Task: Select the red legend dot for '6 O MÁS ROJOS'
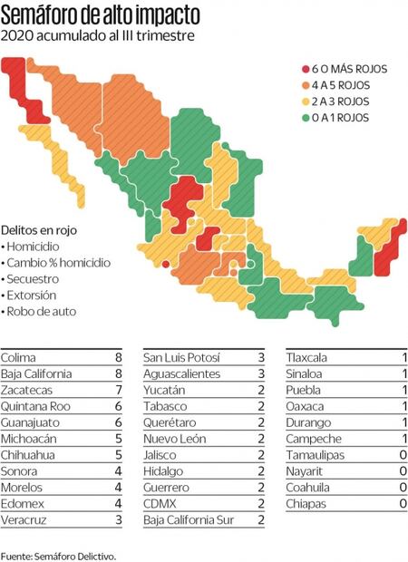(306, 69)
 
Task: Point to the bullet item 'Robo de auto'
(41, 311)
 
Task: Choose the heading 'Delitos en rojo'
(42, 229)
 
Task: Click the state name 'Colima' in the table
(17, 357)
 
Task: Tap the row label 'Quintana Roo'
(33, 406)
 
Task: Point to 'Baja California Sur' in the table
(189, 520)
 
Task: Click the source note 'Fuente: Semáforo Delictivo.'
(59, 553)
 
